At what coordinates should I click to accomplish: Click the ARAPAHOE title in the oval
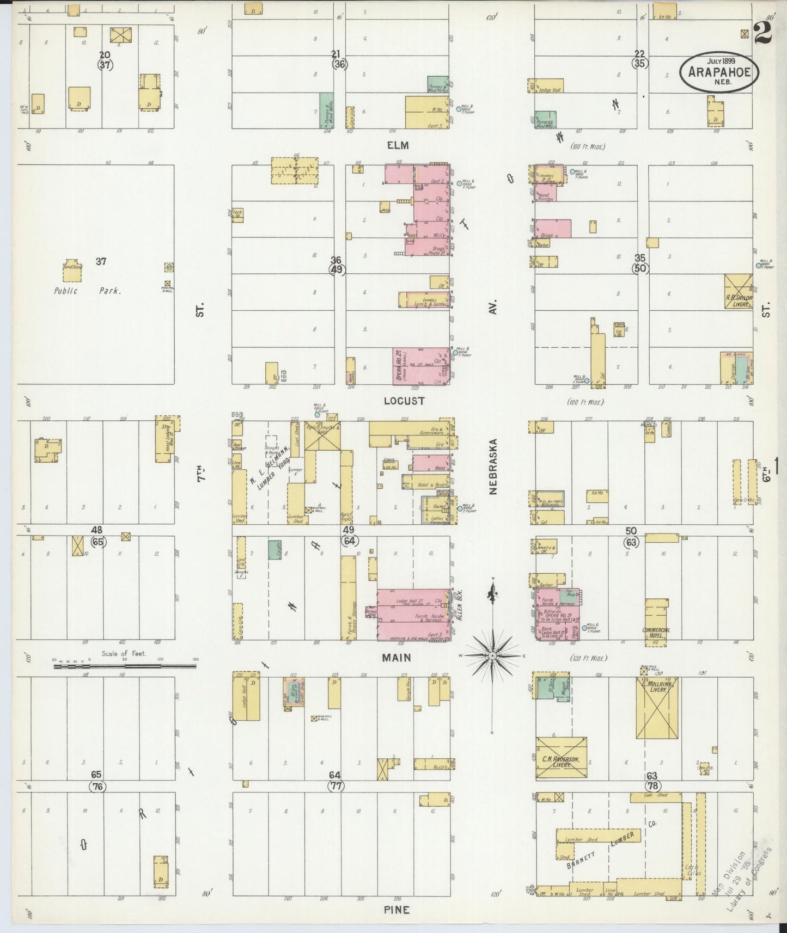click(x=718, y=72)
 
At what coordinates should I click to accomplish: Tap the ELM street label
click(x=398, y=146)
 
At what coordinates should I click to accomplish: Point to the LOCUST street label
click(x=404, y=401)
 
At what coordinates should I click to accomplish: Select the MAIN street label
click(x=396, y=658)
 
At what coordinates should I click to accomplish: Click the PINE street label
click(x=396, y=910)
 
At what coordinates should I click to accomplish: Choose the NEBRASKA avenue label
click(x=493, y=466)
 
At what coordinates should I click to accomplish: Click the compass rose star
click(x=492, y=656)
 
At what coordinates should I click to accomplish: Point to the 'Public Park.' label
click(x=87, y=291)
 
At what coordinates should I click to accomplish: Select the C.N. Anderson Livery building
click(x=562, y=757)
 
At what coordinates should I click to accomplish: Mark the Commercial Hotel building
click(x=656, y=623)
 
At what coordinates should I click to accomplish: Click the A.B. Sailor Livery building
click(x=739, y=291)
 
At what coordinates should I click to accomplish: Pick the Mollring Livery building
click(x=657, y=708)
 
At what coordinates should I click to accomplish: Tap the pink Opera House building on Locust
click(x=421, y=366)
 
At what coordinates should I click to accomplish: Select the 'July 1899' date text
click(x=718, y=60)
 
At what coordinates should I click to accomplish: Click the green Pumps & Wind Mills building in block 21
click(x=326, y=110)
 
